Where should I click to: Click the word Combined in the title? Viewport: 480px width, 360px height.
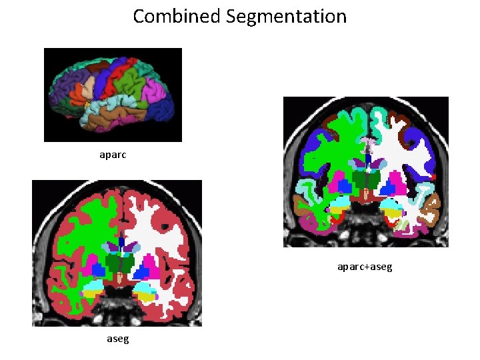pyautogui.click(x=177, y=16)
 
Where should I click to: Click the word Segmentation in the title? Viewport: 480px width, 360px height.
pyautogui.click(x=286, y=16)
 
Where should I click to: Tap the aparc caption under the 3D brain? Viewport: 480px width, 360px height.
pyautogui.click(x=112, y=155)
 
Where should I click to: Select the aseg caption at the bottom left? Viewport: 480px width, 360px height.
pyautogui.click(x=118, y=339)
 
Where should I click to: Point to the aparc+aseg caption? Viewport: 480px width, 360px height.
pyautogui.click(x=365, y=267)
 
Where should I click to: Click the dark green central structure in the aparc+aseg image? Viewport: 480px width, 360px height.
pyautogui.click(x=365, y=179)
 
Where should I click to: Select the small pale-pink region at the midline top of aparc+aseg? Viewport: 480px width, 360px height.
pyautogui.click(x=367, y=142)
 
